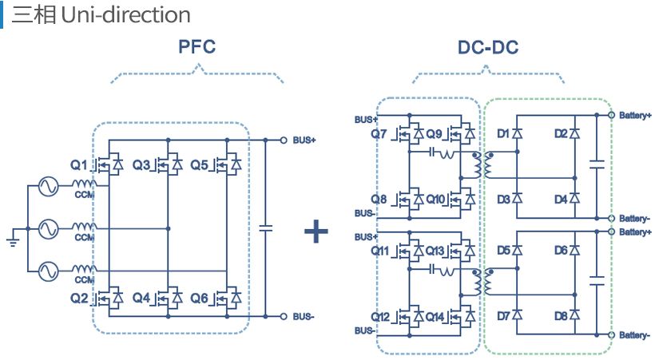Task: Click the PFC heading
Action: [197, 46]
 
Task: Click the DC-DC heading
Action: [488, 47]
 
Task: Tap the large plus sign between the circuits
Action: [316, 231]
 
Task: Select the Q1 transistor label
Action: [79, 165]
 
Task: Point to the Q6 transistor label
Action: [199, 298]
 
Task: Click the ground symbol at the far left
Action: [14, 241]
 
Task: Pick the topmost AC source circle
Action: [48, 186]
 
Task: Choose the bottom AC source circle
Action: [48, 271]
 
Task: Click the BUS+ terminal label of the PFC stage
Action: [304, 140]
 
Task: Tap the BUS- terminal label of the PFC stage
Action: [304, 317]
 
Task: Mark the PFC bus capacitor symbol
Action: [265, 228]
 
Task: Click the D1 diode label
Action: [503, 134]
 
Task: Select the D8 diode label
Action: [561, 316]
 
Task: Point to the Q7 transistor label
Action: [378, 134]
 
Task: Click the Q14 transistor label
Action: [435, 317]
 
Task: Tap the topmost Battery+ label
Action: [635, 116]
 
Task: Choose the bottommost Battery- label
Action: [634, 335]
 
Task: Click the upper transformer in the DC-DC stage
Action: [482, 165]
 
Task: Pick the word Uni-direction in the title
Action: [125, 15]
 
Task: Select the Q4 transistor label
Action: [141, 298]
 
